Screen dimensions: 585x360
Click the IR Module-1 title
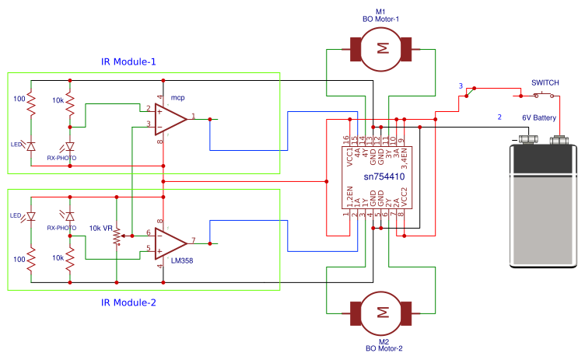click(128, 61)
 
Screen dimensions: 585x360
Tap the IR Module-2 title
click(128, 302)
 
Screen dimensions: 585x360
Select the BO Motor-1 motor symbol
click(381, 49)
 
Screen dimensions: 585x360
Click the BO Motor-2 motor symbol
click(381, 313)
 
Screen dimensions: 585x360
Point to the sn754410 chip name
click(384, 177)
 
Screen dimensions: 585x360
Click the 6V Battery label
click(539, 118)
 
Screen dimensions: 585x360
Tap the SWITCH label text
click(545, 83)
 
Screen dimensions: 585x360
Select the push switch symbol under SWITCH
click(544, 95)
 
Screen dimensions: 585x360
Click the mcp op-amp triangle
click(171, 120)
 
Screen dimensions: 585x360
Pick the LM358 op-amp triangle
click(171, 243)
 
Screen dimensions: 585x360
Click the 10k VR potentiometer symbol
click(117, 236)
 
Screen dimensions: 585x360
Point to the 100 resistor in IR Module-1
click(31, 104)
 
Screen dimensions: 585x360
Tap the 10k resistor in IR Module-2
click(70, 259)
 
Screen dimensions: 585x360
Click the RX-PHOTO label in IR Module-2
click(61, 228)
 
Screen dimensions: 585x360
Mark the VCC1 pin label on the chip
click(349, 157)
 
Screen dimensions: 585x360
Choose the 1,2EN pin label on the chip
click(349, 197)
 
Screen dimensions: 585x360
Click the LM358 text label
click(182, 260)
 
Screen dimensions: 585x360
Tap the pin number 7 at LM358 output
click(193, 240)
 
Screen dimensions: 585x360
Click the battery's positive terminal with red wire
click(559, 140)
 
